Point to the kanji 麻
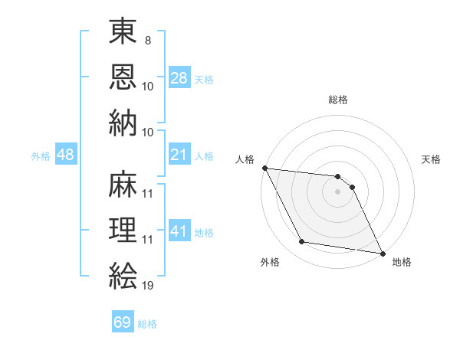click(x=123, y=186)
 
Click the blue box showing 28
click(x=179, y=78)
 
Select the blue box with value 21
click(x=179, y=155)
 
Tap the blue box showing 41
click(x=179, y=231)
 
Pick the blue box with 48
click(x=66, y=155)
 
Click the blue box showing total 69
click(x=123, y=322)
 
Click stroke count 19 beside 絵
click(x=148, y=285)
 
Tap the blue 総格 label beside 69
click(x=147, y=324)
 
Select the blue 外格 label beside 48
click(x=41, y=156)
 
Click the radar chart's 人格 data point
click(x=264, y=168)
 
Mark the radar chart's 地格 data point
click(x=382, y=253)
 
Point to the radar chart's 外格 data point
click(x=302, y=242)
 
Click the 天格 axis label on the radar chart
click(x=432, y=159)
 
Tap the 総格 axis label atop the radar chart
click(x=338, y=100)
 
